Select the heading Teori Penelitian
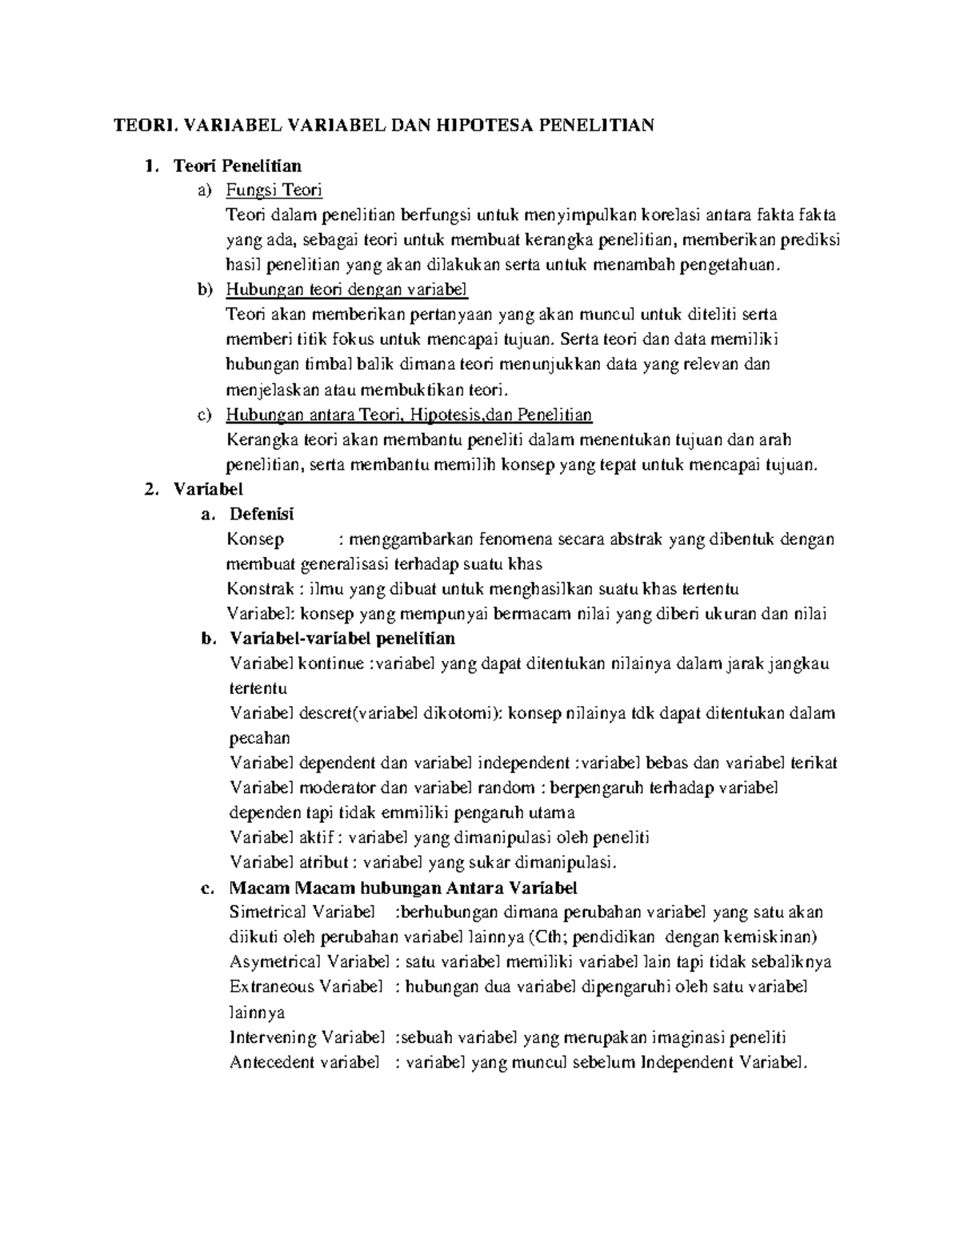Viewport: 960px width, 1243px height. pos(238,166)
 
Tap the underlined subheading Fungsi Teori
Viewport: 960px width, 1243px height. pos(274,190)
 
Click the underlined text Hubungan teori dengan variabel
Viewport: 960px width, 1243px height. pos(346,290)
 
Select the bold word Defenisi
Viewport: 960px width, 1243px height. pos(262,514)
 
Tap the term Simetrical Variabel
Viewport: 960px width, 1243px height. pos(302,912)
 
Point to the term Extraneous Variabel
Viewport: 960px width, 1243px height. pos(306,987)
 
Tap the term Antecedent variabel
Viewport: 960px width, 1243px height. pos(303,1063)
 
